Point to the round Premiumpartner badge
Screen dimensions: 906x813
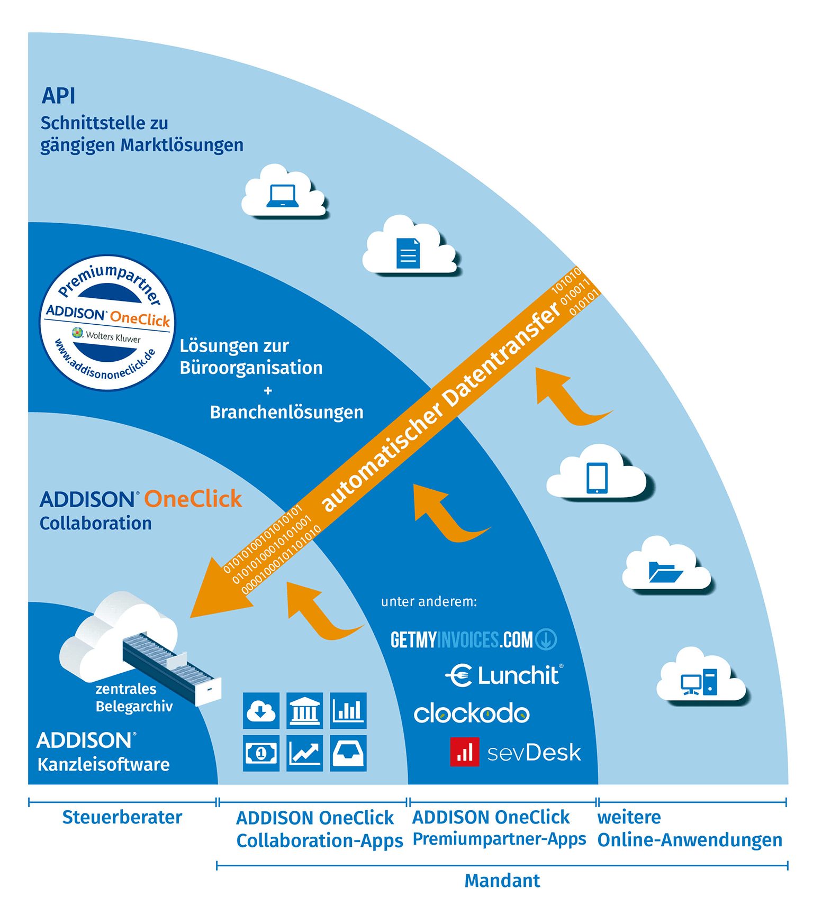(x=108, y=323)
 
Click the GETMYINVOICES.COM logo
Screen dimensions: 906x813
(x=473, y=640)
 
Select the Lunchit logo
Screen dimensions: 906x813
(x=504, y=675)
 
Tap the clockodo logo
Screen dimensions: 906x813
(x=472, y=713)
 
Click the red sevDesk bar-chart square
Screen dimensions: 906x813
(x=464, y=752)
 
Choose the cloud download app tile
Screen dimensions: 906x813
(x=261, y=711)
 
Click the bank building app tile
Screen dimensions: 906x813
(x=305, y=711)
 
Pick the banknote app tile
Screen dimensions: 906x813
(x=261, y=753)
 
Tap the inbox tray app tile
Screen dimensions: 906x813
(x=348, y=753)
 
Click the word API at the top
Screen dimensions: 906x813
(x=58, y=96)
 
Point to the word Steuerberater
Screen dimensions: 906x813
(x=122, y=817)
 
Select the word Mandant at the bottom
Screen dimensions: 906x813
(x=502, y=881)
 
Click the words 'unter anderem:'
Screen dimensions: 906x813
(x=429, y=601)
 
